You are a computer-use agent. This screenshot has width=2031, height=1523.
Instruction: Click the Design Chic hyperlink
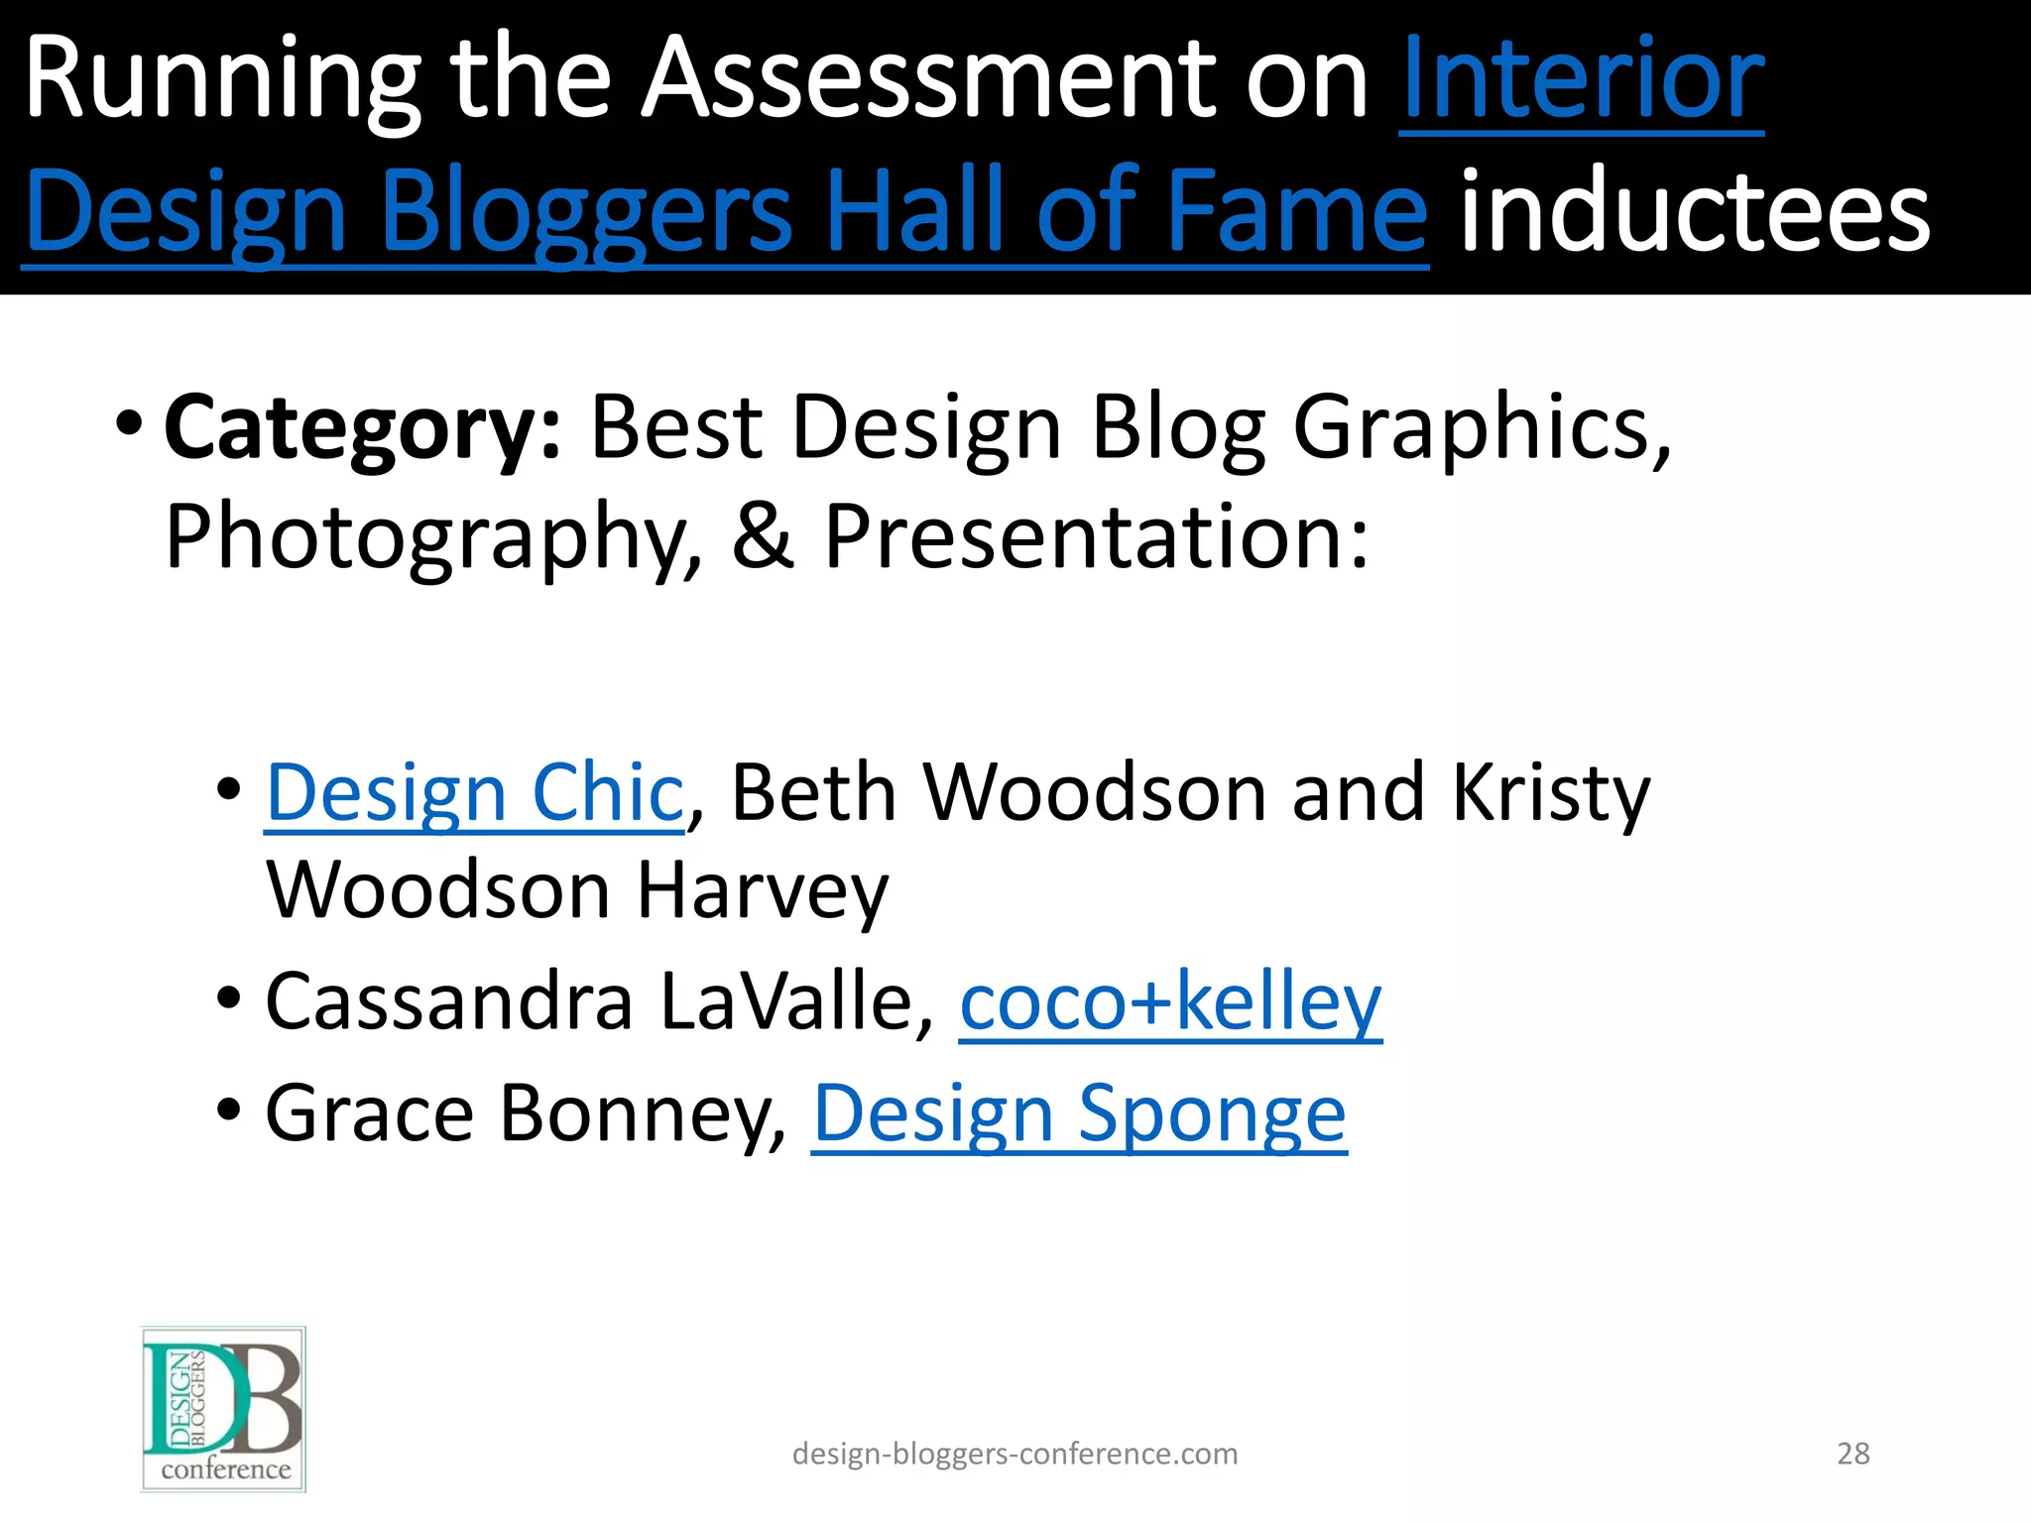(x=475, y=793)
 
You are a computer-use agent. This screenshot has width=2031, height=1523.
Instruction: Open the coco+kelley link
(x=1170, y=1003)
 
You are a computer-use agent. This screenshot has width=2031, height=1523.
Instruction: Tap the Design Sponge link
(x=1079, y=1114)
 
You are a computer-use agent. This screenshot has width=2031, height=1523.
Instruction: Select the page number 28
(x=1853, y=1454)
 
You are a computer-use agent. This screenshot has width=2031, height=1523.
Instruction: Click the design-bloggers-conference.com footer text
(x=1015, y=1454)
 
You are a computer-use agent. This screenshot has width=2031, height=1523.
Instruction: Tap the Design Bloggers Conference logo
(x=223, y=1409)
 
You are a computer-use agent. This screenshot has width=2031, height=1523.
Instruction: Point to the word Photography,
(x=433, y=537)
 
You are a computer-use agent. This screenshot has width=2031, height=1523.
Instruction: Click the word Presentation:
(x=1097, y=537)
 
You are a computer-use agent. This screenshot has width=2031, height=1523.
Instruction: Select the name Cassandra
(x=449, y=1003)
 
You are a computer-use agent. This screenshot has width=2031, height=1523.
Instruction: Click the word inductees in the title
(x=1695, y=210)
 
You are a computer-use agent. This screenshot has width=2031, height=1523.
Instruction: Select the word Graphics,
(x=1482, y=428)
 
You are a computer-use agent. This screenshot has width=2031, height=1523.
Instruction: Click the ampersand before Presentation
(x=763, y=537)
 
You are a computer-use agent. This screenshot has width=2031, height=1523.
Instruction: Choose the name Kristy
(x=1551, y=793)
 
